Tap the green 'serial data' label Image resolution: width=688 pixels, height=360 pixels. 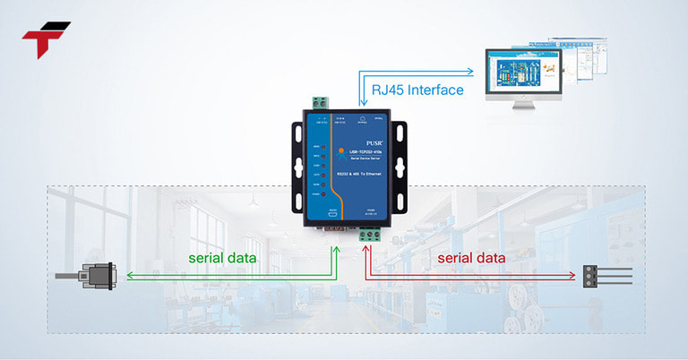click(x=222, y=258)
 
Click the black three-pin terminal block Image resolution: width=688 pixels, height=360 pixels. click(x=592, y=277)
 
